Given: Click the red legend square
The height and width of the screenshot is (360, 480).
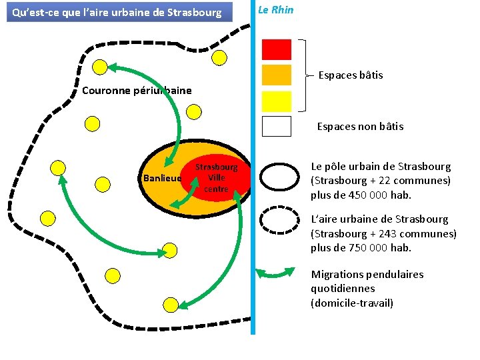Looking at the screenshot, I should click(x=277, y=49).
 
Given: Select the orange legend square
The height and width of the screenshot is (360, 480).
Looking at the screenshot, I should click(x=277, y=74).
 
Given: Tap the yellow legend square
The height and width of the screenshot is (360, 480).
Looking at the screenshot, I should click(x=277, y=101).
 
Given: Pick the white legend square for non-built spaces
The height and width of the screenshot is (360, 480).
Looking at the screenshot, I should click(x=277, y=126).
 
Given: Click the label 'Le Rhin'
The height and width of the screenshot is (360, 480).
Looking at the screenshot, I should click(x=275, y=10).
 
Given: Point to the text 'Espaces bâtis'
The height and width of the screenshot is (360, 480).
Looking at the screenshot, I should click(x=351, y=75).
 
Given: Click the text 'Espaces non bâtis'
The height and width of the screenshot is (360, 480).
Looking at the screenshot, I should click(x=360, y=126).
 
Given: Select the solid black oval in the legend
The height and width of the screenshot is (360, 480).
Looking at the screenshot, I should click(x=279, y=177).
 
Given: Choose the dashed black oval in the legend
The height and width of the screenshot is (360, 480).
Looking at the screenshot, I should click(x=279, y=221).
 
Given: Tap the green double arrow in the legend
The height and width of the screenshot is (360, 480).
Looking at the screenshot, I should click(x=276, y=273).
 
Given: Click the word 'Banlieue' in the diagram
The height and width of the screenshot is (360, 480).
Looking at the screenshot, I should click(x=161, y=178).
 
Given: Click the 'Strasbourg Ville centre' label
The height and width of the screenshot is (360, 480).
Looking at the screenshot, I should click(x=216, y=178).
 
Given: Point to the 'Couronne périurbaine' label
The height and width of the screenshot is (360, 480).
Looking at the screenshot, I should click(x=137, y=91).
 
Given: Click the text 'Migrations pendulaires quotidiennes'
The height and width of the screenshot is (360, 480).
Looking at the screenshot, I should click(x=367, y=281).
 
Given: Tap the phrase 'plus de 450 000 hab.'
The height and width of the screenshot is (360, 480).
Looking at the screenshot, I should click(x=361, y=195).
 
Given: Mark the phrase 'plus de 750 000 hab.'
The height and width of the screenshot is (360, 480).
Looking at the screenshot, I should click(x=361, y=248).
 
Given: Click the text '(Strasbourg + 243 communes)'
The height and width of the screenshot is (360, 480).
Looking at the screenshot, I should click(x=383, y=233).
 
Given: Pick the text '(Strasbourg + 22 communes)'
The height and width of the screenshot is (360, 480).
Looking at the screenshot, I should click(x=381, y=181).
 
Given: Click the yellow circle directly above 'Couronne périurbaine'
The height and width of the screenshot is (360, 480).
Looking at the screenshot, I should click(x=100, y=66).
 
